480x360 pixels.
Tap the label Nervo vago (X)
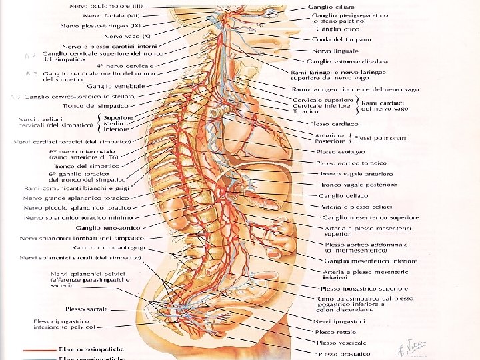tap(132, 36)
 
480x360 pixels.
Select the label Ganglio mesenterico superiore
tap(371, 217)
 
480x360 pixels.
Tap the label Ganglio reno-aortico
tap(107, 228)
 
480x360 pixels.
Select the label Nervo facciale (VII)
tap(112, 15)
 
